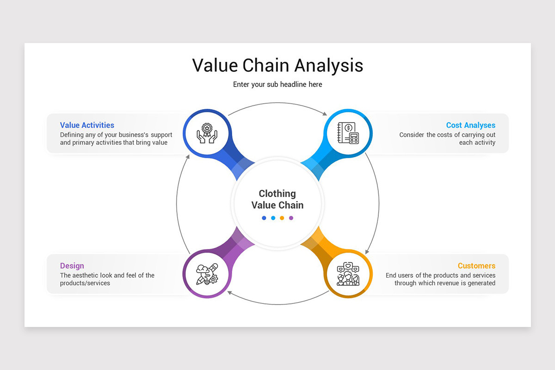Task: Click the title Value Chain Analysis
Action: point(277,65)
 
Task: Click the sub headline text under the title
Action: point(277,85)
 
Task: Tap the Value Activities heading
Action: point(87,125)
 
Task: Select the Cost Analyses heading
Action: point(470,125)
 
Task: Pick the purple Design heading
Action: point(72,266)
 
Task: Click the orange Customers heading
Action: point(476,266)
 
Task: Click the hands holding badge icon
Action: point(207,133)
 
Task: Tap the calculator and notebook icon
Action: point(348,133)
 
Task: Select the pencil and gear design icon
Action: point(207,274)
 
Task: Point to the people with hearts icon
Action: point(348,274)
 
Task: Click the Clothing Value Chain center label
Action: point(277,199)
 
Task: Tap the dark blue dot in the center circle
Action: point(264,218)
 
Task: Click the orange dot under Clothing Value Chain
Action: point(282,218)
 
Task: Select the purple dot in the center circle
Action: point(291,218)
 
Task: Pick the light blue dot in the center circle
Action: point(273,218)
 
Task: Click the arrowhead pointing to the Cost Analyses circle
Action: point(324,113)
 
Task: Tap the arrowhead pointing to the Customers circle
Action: point(367,251)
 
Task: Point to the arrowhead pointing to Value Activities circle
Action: point(187,156)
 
